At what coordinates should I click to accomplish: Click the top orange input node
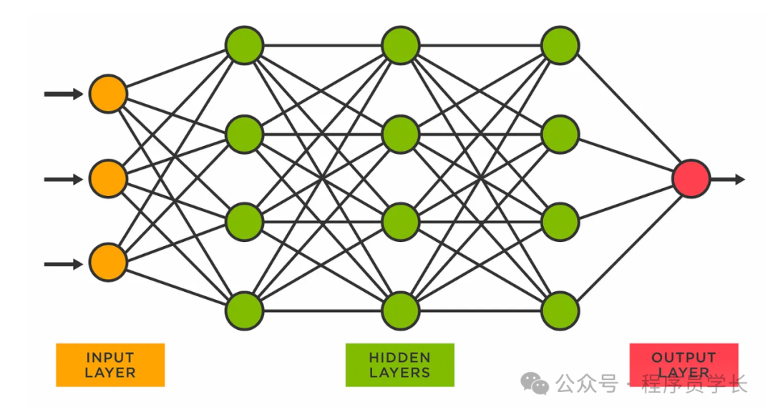coord(108,94)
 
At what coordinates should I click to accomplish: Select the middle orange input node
coord(108,179)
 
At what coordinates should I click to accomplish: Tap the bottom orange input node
coord(108,263)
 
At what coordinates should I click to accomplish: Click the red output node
coord(691,179)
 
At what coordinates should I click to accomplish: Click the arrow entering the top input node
coord(63,94)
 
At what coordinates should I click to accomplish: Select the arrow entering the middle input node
coord(63,179)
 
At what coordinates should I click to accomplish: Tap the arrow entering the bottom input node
coord(63,264)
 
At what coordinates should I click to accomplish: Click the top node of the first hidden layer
coord(245,45)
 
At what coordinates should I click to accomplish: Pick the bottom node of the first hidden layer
coord(245,311)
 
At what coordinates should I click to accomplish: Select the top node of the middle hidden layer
coord(400,45)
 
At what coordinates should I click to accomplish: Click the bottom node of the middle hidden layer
coord(400,311)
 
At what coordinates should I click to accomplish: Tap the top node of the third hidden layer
coord(560,45)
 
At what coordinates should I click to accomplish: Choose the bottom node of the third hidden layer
coord(560,311)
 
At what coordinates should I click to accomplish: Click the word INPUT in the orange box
coord(110,357)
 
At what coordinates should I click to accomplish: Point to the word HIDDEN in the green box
coord(399,357)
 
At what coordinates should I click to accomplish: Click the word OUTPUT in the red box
coord(684,357)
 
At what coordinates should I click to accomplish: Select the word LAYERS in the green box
coord(399,373)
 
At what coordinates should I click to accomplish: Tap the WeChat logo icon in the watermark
coord(535,384)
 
